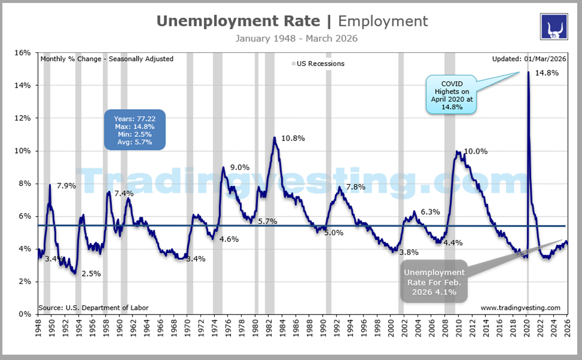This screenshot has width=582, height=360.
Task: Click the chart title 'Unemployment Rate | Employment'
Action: click(x=292, y=21)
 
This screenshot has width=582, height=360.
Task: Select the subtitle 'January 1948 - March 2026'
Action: click(x=292, y=38)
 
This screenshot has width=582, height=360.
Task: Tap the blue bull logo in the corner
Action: click(x=554, y=26)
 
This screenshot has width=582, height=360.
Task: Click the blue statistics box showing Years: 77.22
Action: click(x=134, y=130)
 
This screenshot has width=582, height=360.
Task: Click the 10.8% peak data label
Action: click(x=293, y=138)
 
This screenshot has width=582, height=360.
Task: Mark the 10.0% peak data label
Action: click(x=476, y=151)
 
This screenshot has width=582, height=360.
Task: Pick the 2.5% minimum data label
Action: click(x=91, y=274)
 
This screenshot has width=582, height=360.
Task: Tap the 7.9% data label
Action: click(x=66, y=186)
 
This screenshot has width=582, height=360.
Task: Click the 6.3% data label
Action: click(x=430, y=212)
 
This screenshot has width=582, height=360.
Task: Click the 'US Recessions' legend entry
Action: click(x=318, y=64)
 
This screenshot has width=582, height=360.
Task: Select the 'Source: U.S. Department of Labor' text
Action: click(x=93, y=308)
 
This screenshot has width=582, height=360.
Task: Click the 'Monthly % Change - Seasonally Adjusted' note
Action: click(x=107, y=59)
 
